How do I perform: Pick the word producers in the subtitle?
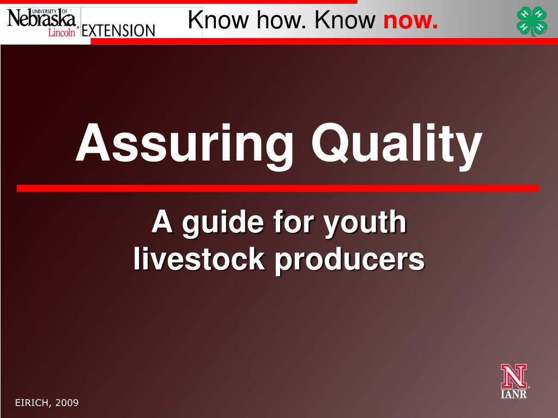coord(349,259)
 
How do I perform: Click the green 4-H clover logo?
coord(532,21)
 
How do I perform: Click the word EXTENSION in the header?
coord(118,29)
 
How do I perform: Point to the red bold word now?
coord(410,21)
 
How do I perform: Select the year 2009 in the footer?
coord(66,403)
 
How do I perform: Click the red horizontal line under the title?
coord(278,188)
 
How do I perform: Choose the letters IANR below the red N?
coord(514,394)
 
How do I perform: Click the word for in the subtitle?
coord(295,223)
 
